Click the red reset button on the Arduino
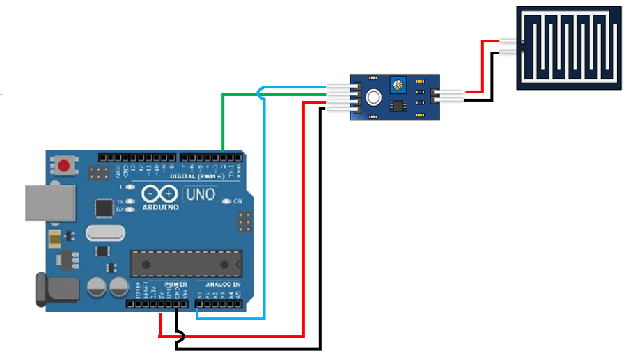point(65,166)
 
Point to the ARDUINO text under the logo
point(160,207)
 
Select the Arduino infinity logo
point(160,194)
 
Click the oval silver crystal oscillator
point(104,233)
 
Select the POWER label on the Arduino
point(175,285)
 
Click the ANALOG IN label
point(222,285)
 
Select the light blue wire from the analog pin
point(264,209)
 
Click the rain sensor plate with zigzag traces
point(569,47)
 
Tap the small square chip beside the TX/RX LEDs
point(104,207)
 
